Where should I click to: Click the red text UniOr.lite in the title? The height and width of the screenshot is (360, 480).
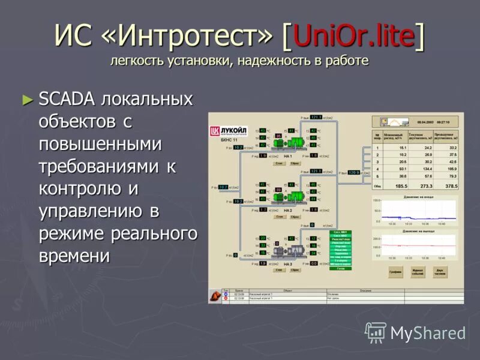[x=354, y=37]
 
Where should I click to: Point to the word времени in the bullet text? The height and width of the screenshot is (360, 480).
[x=74, y=256]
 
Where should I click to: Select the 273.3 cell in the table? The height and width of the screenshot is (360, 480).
[x=427, y=187]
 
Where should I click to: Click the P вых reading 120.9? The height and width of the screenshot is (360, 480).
[x=354, y=172]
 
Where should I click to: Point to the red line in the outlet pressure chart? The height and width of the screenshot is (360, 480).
[x=414, y=245]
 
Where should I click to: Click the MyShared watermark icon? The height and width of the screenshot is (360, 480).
[x=376, y=332]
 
